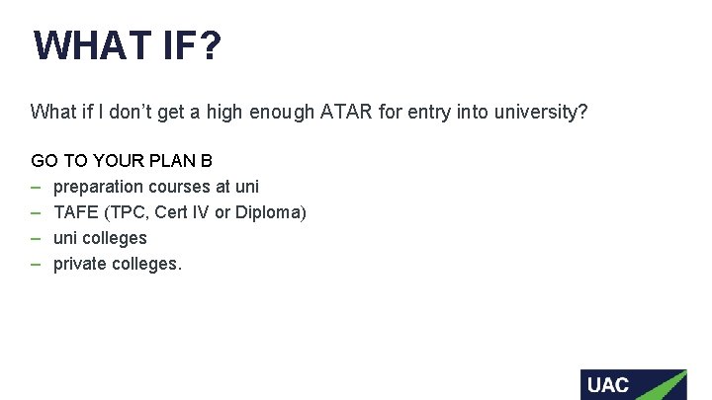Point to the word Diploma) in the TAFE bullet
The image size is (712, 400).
(272, 212)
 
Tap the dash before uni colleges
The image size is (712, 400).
(36, 238)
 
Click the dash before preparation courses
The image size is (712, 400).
(36, 187)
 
